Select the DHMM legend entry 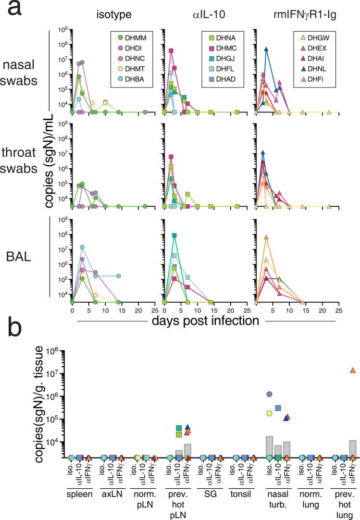coord(114,38)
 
